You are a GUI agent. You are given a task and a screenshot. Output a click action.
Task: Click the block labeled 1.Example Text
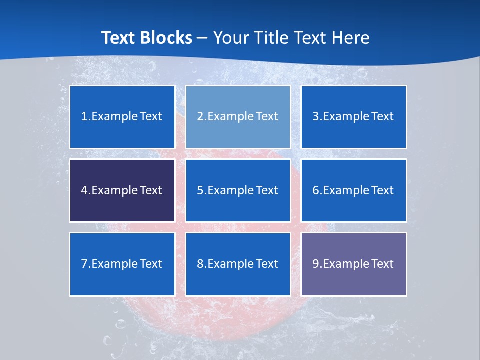(x=122, y=117)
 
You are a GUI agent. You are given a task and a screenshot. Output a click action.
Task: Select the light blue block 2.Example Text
(x=238, y=117)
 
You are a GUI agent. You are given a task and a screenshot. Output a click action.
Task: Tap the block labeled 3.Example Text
(x=353, y=117)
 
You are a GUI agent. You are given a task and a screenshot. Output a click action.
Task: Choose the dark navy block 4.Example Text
(x=122, y=190)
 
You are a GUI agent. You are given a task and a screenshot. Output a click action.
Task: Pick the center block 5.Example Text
(x=238, y=190)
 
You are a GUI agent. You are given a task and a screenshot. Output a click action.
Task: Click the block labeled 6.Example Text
(x=353, y=190)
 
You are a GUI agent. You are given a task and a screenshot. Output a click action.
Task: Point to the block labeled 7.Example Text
(x=122, y=264)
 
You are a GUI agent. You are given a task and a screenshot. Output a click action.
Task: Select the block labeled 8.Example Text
(x=238, y=264)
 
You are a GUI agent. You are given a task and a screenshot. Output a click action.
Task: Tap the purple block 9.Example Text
(x=353, y=264)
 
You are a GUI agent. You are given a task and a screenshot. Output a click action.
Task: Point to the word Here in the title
(x=352, y=38)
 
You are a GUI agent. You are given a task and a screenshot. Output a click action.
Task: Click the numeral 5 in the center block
(x=200, y=190)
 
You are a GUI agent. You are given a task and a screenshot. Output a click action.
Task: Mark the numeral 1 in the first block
(x=84, y=117)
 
